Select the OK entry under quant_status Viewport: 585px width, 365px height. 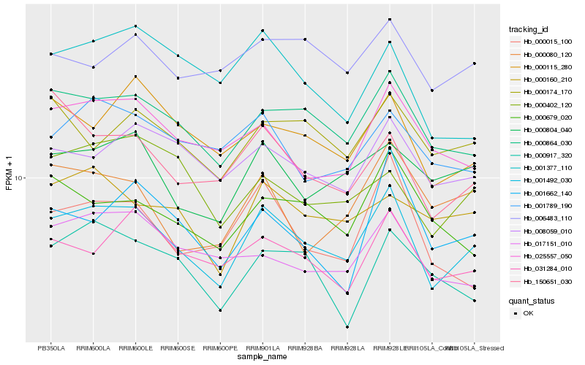tap(528, 313)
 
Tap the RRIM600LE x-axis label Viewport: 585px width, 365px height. tap(135, 348)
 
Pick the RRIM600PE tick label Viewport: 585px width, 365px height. tap(220, 348)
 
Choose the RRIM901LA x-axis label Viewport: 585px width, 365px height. tap(262, 348)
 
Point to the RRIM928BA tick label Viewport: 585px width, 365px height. tap(304, 348)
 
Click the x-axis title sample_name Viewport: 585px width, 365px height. tap(262, 358)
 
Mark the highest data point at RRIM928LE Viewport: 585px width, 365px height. tap(390, 19)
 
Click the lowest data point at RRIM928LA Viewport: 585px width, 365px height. tap(347, 327)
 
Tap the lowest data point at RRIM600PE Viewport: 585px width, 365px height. tap(220, 310)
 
